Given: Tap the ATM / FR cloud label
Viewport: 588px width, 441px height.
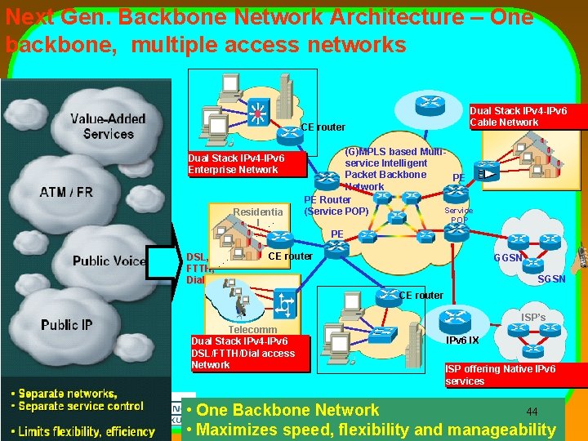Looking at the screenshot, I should (67, 193).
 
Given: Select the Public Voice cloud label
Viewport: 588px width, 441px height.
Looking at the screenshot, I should (109, 261).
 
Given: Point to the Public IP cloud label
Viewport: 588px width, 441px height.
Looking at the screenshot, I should (67, 325).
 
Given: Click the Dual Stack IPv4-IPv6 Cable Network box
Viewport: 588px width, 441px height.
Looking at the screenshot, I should (518, 116).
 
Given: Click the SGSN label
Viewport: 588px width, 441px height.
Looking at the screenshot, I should (551, 279).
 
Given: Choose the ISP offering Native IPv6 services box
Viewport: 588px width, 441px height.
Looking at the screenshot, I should (500, 375).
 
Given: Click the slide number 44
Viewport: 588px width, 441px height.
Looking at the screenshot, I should (532, 411).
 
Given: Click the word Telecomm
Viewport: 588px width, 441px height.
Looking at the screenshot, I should (252, 330).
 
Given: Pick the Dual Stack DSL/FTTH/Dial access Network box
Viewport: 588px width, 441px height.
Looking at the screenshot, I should (243, 353).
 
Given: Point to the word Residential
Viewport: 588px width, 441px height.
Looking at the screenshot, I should (258, 214).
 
